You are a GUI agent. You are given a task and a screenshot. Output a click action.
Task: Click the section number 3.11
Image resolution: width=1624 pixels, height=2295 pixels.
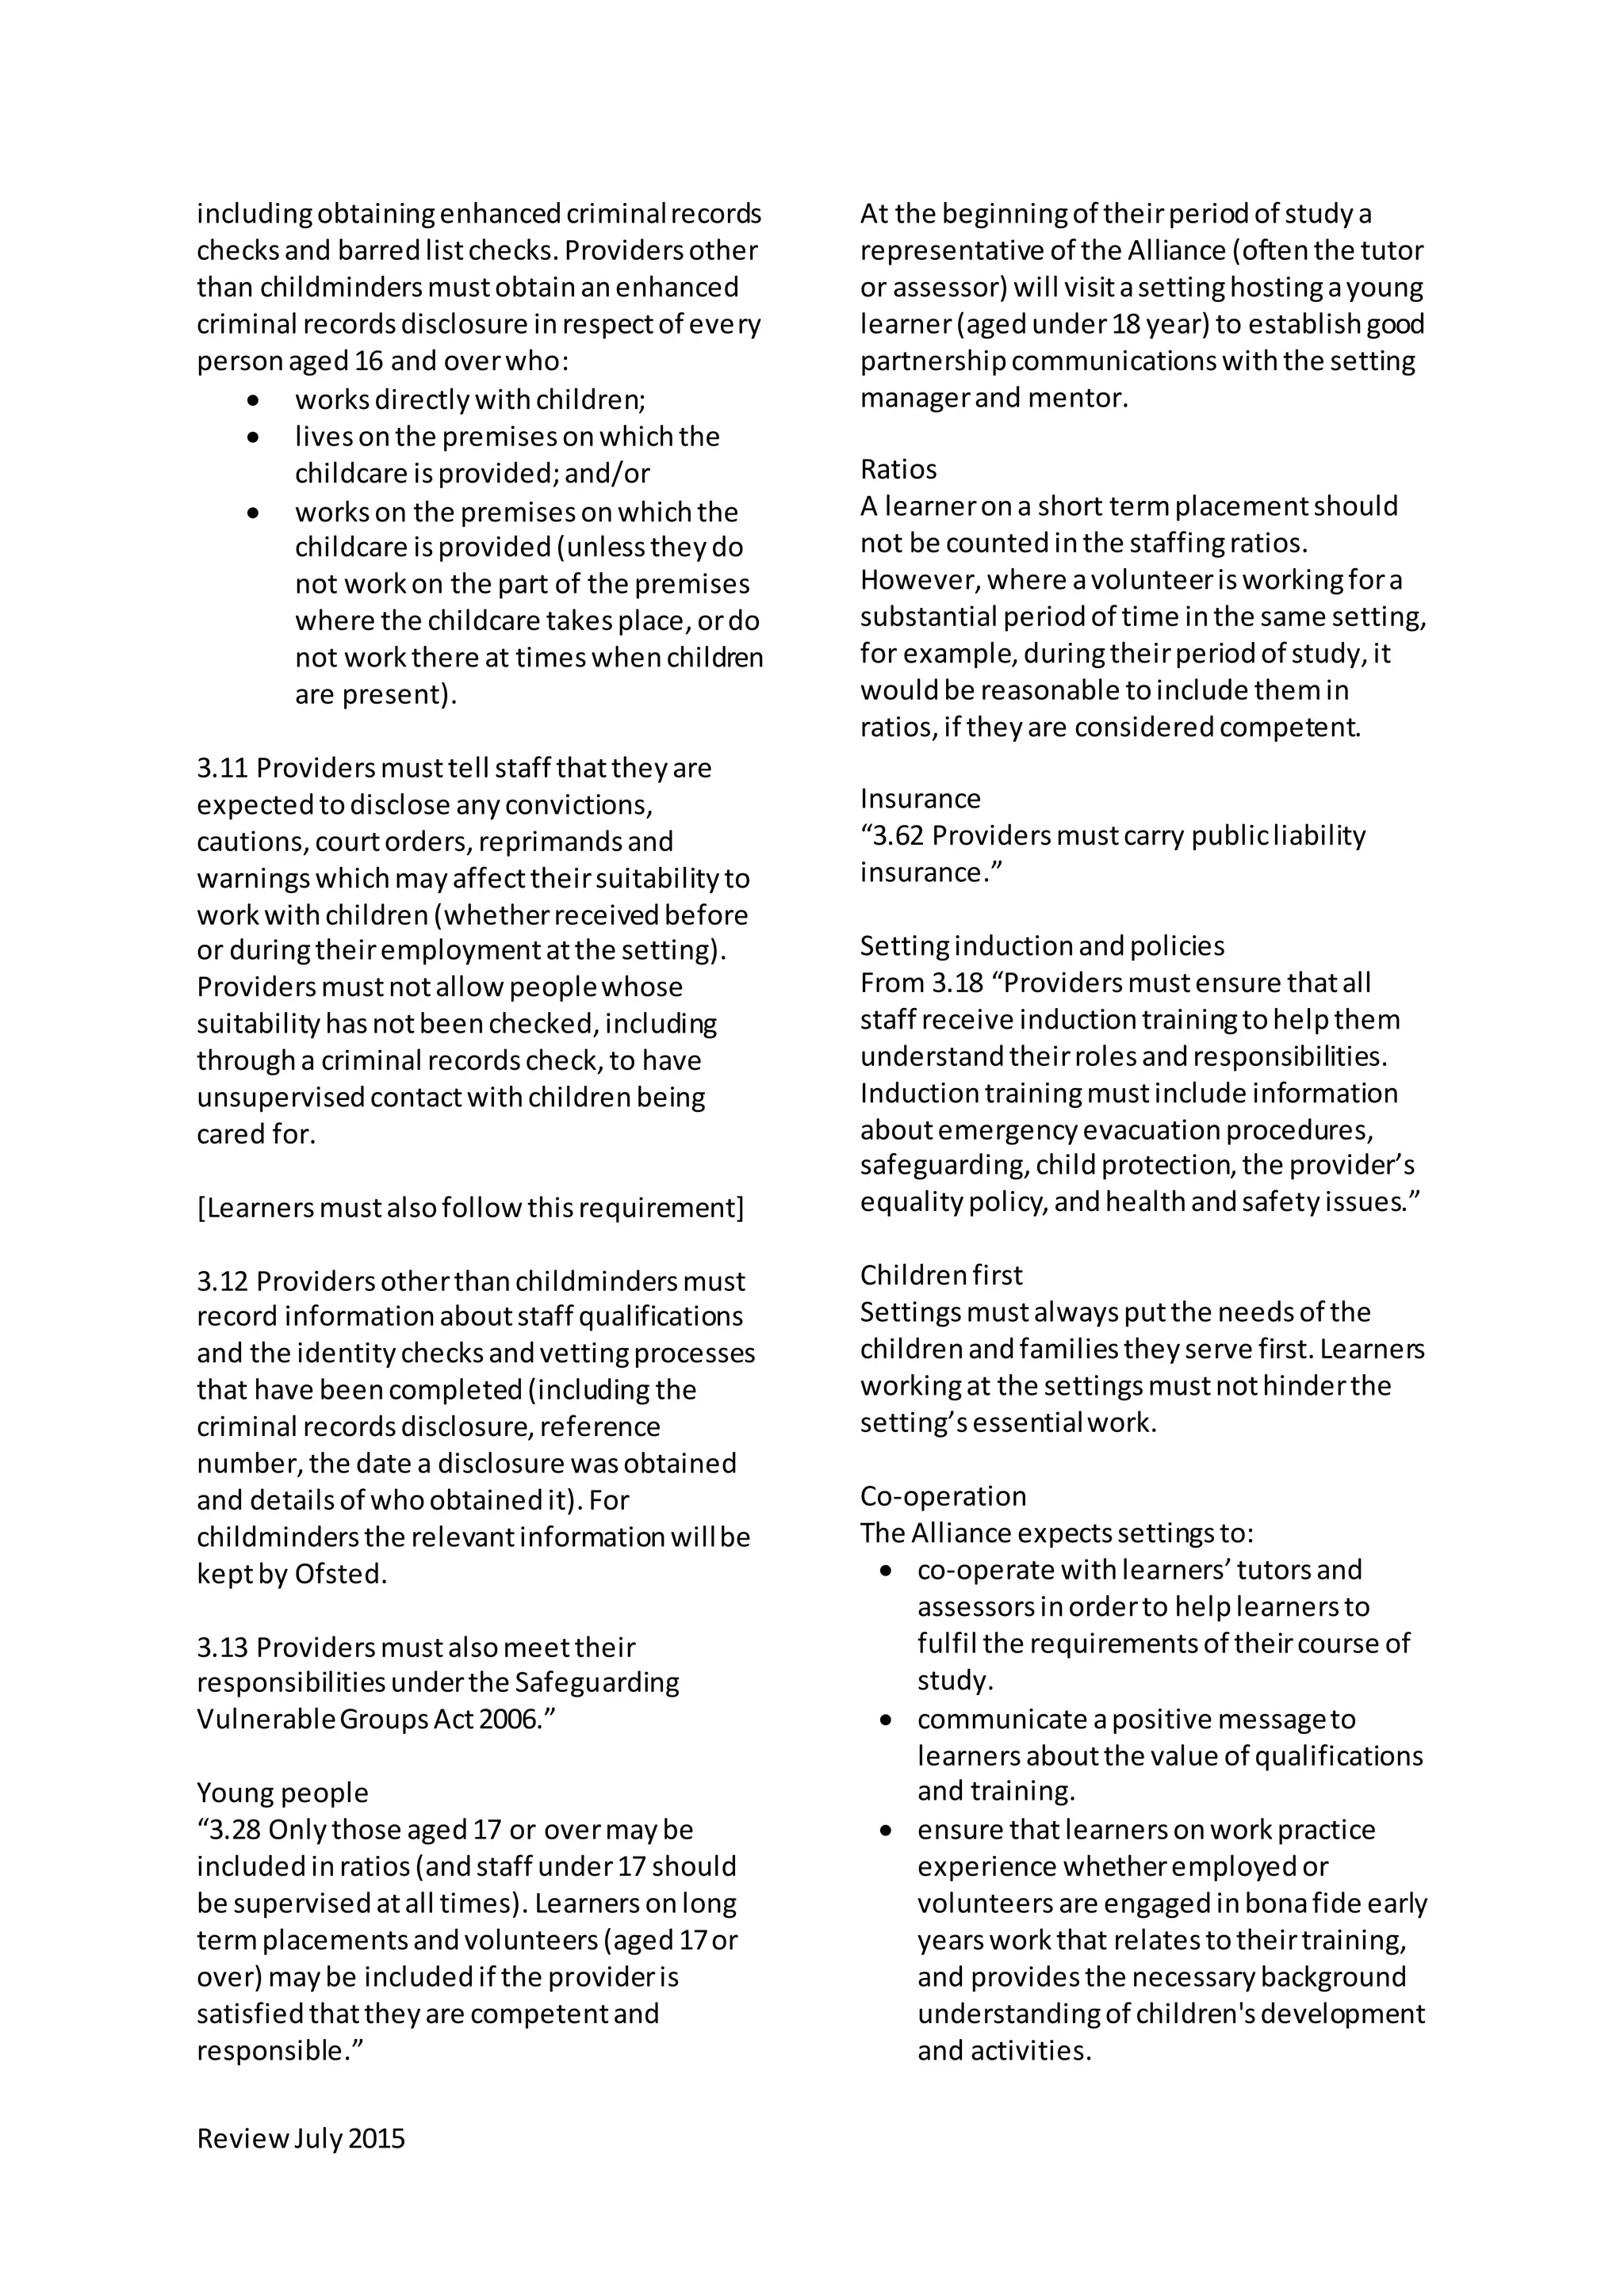(x=222, y=769)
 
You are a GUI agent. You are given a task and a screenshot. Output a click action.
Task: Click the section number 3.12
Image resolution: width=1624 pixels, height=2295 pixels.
(x=222, y=1281)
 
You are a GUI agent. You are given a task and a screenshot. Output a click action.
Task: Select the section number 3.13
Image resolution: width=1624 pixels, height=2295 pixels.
(x=222, y=1648)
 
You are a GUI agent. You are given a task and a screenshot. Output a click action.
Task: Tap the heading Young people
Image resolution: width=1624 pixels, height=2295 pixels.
(x=282, y=1793)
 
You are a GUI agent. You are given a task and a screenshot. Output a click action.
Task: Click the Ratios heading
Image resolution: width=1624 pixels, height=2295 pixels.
(x=898, y=470)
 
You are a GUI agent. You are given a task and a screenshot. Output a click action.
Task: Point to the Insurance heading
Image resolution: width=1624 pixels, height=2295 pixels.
(x=920, y=799)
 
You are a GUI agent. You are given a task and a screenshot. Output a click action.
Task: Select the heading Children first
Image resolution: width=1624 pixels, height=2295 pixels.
(x=941, y=1275)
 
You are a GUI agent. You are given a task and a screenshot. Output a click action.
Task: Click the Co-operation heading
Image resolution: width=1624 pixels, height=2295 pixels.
(x=943, y=1496)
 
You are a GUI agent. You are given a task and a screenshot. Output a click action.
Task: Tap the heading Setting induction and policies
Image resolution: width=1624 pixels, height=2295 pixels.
(x=1042, y=945)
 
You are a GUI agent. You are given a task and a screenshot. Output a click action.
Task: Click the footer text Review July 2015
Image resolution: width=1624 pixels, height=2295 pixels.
(x=300, y=2139)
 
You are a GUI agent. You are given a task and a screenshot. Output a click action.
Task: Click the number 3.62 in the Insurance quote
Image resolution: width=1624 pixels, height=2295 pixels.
(x=897, y=835)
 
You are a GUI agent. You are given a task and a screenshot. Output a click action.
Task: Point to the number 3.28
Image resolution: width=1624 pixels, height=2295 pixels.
(x=235, y=1830)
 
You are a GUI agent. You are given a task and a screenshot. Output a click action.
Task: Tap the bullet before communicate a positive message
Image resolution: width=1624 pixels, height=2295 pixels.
(x=886, y=1720)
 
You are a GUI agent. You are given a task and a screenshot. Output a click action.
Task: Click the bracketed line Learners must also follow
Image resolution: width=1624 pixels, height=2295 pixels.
(x=470, y=1209)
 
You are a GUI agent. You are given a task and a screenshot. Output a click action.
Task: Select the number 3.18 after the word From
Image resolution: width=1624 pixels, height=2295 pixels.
(x=957, y=983)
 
